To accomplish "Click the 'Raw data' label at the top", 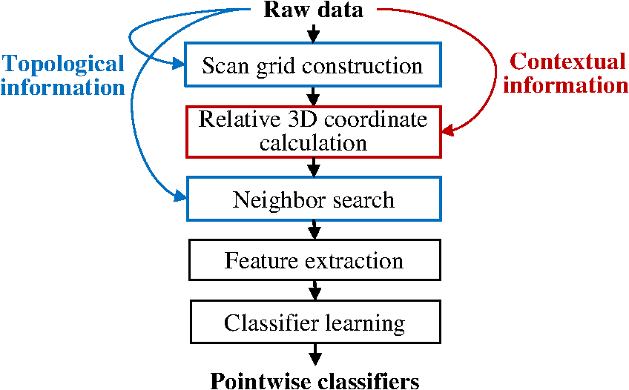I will tap(314, 10).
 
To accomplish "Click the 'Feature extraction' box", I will tap(314, 261).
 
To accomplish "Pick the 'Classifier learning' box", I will tap(314, 323).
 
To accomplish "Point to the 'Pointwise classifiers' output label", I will tap(314, 380).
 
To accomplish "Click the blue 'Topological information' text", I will tap(62, 75).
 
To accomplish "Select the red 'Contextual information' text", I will tap(565, 73).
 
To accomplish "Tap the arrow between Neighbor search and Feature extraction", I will tap(314, 231).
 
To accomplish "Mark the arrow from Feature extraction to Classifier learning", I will tap(314, 289).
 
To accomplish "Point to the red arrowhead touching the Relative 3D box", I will tap(448, 132).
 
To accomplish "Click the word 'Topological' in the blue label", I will tap(62, 64).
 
